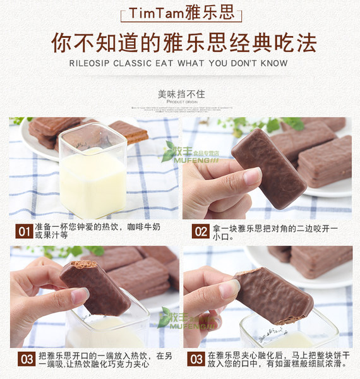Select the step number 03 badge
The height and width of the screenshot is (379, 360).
pyautogui.click(x=25, y=359)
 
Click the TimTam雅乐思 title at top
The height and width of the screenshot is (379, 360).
pyautogui.click(x=179, y=14)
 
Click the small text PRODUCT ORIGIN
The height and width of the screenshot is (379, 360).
pyautogui.click(x=180, y=102)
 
